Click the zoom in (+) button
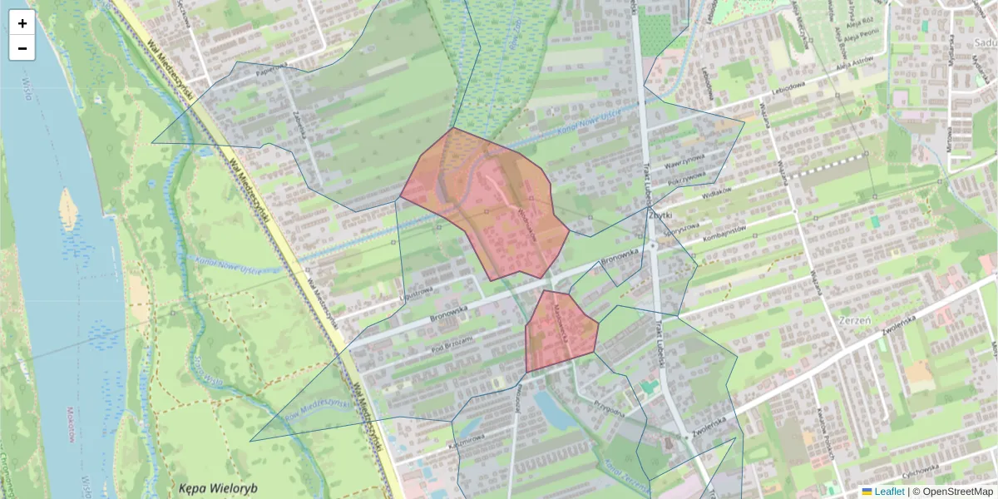[22, 23]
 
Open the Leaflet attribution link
[888, 492]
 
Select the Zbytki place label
[660, 214]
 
